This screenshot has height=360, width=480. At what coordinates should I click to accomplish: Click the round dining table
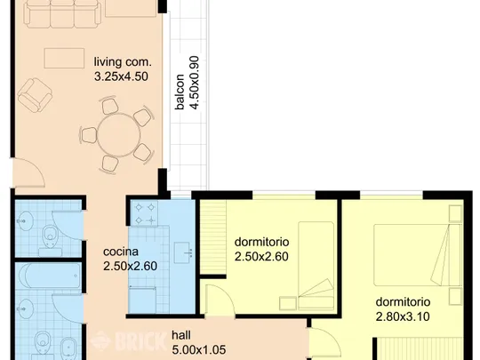click(x=119, y=135)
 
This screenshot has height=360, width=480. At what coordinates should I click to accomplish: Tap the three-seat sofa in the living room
click(x=62, y=13)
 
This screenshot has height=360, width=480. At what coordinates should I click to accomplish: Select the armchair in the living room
click(x=35, y=95)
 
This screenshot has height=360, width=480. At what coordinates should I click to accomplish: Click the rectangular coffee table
click(x=64, y=58)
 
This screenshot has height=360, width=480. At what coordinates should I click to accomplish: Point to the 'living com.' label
click(x=123, y=62)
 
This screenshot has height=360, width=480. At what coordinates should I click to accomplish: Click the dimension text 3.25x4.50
click(x=121, y=76)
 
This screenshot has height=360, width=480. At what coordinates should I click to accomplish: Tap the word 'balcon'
click(x=180, y=92)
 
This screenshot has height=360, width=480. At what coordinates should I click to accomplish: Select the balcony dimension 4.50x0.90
click(x=195, y=83)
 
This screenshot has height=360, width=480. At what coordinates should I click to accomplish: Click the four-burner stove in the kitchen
click(x=145, y=213)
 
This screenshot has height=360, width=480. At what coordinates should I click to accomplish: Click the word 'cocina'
click(x=121, y=252)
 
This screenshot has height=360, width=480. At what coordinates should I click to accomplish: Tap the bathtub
click(x=49, y=276)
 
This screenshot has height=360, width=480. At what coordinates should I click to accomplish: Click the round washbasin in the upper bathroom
click(x=25, y=220)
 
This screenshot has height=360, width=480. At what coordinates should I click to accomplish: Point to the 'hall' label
click(x=181, y=335)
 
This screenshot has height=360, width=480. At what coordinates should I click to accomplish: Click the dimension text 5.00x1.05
click(x=199, y=349)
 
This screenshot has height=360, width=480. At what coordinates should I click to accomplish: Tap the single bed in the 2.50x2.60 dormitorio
click(x=316, y=266)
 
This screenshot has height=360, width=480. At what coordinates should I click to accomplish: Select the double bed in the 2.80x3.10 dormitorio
click(x=418, y=255)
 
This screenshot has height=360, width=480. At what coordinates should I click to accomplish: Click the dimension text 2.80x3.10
click(x=403, y=316)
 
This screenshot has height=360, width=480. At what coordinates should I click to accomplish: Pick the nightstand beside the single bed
click(x=288, y=303)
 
